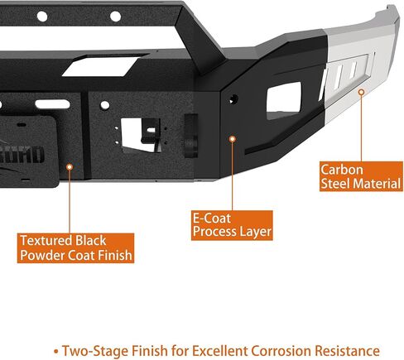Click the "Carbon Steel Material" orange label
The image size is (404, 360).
361,176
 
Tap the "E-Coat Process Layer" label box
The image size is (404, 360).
232,225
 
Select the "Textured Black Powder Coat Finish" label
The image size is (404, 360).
75,248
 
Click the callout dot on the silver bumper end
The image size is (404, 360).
361,92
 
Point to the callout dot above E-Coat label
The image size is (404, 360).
233,139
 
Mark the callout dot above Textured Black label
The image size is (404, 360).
70,167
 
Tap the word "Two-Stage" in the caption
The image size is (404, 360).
95,352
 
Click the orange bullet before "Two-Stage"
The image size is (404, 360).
56,352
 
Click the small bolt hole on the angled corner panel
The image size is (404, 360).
233,98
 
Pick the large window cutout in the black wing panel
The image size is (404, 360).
284,100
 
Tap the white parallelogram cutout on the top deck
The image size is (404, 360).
100,67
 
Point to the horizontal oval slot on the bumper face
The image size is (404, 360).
52,104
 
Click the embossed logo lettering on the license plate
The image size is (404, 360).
31,155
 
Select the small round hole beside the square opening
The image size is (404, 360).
105,105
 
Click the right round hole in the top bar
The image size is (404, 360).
116,17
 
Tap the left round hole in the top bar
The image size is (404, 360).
42,17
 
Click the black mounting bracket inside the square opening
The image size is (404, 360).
151,132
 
